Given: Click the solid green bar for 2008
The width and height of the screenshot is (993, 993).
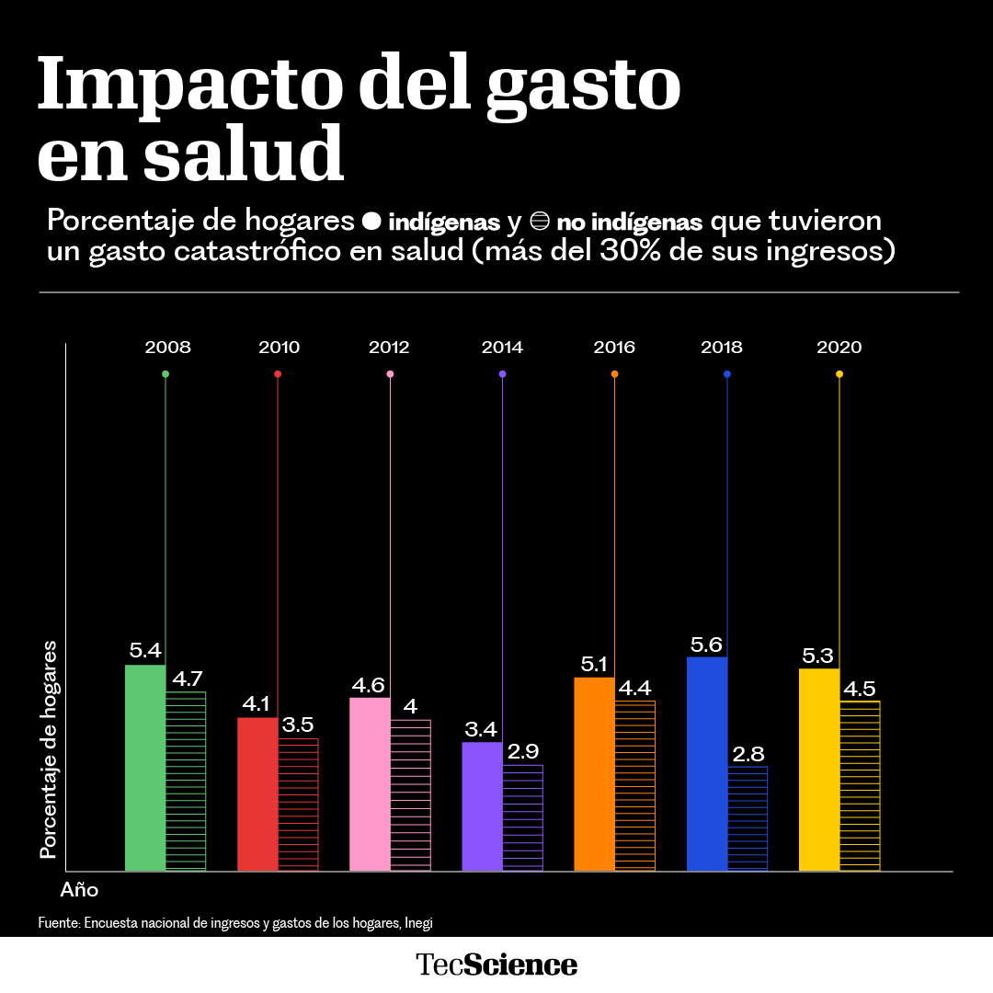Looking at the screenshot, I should pyautogui.click(x=145, y=768).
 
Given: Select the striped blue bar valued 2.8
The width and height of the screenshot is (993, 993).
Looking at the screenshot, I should pyautogui.click(x=748, y=818).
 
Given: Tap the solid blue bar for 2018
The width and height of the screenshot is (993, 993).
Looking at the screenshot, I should pyautogui.click(x=707, y=763).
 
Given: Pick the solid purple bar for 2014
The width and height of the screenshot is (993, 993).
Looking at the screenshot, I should pyautogui.click(x=482, y=806).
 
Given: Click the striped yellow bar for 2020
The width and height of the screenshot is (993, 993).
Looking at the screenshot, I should pyautogui.click(x=860, y=786).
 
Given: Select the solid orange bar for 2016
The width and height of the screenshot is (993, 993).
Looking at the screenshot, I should pyautogui.click(x=594, y=774).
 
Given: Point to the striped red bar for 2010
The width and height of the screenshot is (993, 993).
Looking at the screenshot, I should pyautogui.click(x=298, y=805).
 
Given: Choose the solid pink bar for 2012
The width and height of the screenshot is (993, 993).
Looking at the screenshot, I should pyautogui.click(x=370, y=784).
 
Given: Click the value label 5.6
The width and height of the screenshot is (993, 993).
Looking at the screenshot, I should pyautogui.click(x=707, y=644).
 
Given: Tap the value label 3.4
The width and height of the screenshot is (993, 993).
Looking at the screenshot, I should pyautogui.click(x=481, y=729).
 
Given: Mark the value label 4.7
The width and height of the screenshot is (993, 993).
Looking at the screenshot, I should pyautogui.click(x=187, y=679).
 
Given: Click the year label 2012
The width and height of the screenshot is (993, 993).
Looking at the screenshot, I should pyautogui.click(x=389, y=348).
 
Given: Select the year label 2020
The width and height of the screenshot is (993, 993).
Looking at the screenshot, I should pyautogui.click(x=839, y=348).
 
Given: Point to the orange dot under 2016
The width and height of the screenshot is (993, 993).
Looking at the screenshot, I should pyautogui.click(x=614, y=374).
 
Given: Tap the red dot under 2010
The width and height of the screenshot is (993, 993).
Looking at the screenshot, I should pyautogui.click(x=278, y=374).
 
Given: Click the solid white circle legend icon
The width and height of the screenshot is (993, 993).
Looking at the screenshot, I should pyautogui.click(x=372, y=222).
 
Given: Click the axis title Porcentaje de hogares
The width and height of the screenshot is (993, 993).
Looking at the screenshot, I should pyautogui.click(x=48, y=750).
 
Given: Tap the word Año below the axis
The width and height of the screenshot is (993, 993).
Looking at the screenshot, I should pyautogui.click(x=79, y=890).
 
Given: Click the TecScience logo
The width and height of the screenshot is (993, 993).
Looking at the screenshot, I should pyautogui.click(x=496, y=964).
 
